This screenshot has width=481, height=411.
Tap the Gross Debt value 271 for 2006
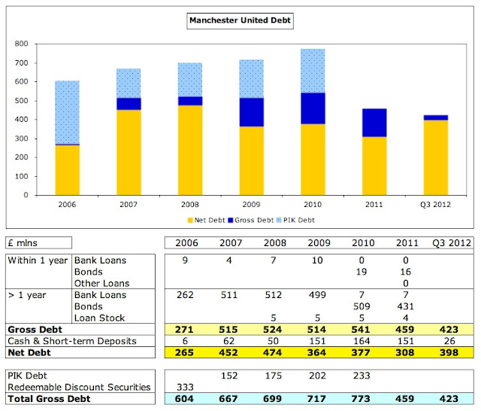pyautogui.click(x=186, y=329)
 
